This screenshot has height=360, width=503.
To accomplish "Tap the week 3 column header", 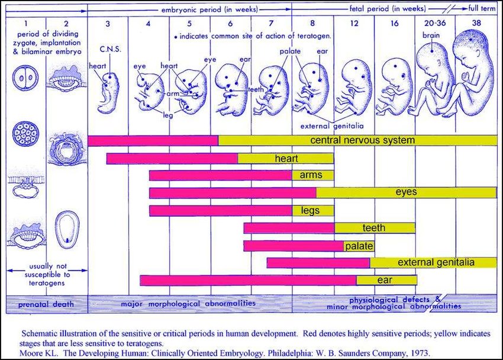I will tap(108, 23).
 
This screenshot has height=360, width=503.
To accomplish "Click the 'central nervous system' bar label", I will tap(362, 140).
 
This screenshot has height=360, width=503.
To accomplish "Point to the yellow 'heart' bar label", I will tap(286, 159).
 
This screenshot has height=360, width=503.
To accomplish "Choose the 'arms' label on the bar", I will tap(311, 175).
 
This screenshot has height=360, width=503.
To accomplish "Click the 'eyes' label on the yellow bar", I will tap(407, 192).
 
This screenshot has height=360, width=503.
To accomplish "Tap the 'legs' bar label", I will tap(310, 210).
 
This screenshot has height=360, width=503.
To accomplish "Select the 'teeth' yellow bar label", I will tap(373, 228).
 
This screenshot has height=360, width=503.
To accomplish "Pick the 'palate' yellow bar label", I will tap(358, 245).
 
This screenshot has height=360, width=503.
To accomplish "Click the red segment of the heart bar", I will tap(172, 159).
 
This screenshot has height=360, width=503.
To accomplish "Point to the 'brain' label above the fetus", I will tap(431, 36).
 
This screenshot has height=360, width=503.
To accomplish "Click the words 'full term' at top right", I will tap(482, 9).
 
